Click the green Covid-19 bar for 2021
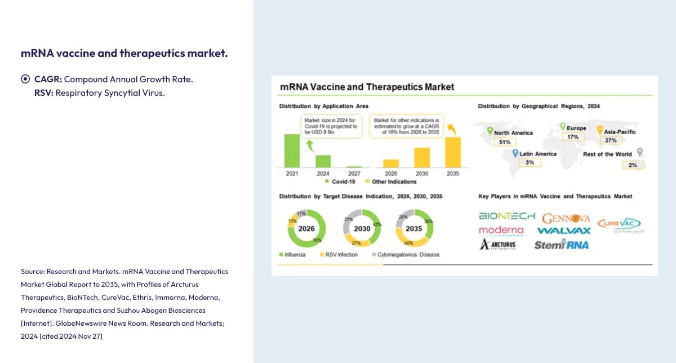pyautogui.click(x=292, y=150)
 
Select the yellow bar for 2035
pyautogui.click(x=453, y=152)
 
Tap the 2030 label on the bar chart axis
pyautogui.click(x=422, y=174)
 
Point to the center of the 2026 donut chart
pyautogui.click(x=306, y=229)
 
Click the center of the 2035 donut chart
pyautogui.click(x=413, y=229)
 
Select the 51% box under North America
pyautogui.click(x=505, y=142)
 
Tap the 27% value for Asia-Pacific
pyautogui.click(x=610, y=140)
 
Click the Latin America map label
pyautogui.click(x=537, y=154)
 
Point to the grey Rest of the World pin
pyautogui.click(x=639, y=152)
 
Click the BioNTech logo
pyautogui.click(x=507, y=216)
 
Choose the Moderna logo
pyautogui.click(x=501, y=231)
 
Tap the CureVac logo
pyautogui.click(x=619, y=224)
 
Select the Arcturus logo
pyautogui.click(x=498, y=245)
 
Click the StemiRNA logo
pyautogui.click(x=561, y=245)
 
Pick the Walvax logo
pyautogui.click(x=564, y=231)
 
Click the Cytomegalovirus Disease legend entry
pyautogui.click(x=405, y=255)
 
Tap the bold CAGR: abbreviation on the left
pyautogui.click(x=48, y=79)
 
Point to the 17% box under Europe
pyautogui.click(x=573, y=137)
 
